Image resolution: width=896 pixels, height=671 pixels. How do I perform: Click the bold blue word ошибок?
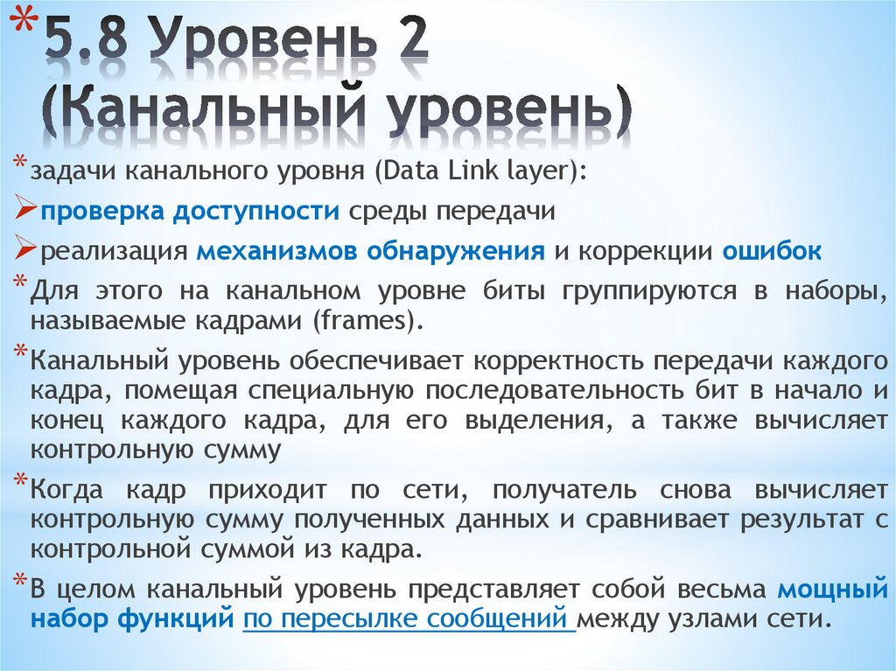tap(772, 252)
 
